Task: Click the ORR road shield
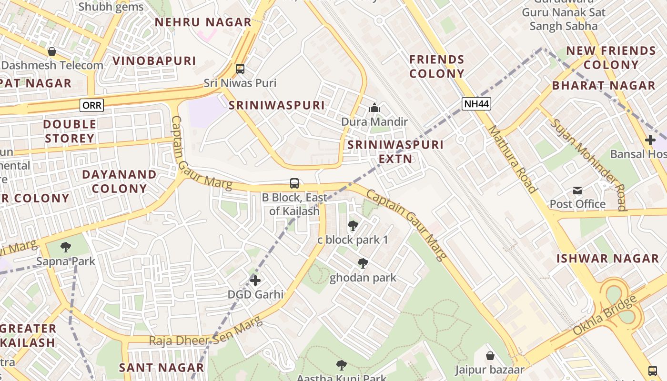(91, 105)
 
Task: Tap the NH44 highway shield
(476, 104)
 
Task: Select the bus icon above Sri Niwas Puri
(240, 69)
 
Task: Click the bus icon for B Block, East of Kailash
(294, 183)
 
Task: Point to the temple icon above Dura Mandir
(374, 108)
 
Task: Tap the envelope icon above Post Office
(577, 190)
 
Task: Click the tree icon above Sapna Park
(66, 247)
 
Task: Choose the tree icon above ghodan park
(363, 263)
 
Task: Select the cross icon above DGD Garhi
(255, 281)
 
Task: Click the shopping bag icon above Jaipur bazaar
(490, 356)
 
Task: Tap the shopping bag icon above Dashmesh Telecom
(52, 51)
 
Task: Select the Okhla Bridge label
(605, 315)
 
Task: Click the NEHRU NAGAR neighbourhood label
(203, 22)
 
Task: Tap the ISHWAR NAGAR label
(608, 259)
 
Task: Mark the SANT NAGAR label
(162, 368)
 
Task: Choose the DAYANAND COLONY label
(119, 181)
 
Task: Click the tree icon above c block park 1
(353, 226)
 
